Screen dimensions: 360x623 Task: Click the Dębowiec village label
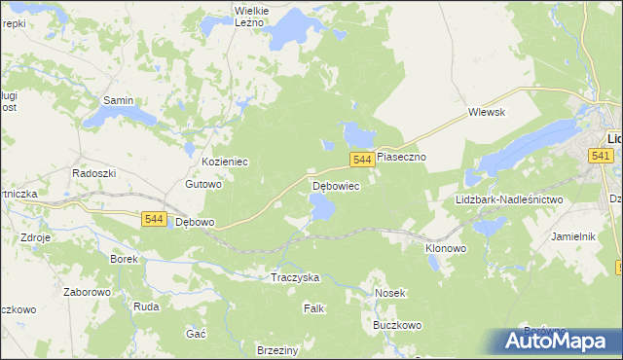click(x=337, y=185)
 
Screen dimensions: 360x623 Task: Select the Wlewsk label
click(x=486, y=112)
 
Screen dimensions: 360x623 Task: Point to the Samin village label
click(x=119, y=100)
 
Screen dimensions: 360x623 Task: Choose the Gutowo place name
click(x=204, y=184)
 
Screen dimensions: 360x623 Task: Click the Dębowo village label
click(x=194, y=222)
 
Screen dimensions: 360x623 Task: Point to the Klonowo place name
click(x=446, y=249)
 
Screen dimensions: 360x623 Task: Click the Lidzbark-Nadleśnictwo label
click(x=509, y=199)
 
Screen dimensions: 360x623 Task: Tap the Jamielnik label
click(x=572, y=236)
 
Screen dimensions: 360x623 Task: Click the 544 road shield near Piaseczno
click(x=361, y=159)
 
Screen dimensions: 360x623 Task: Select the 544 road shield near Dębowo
click(x=153, y=220)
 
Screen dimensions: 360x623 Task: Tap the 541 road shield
click(x=601, y=156)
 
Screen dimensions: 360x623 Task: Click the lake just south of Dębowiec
click(x=320, y=206)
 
